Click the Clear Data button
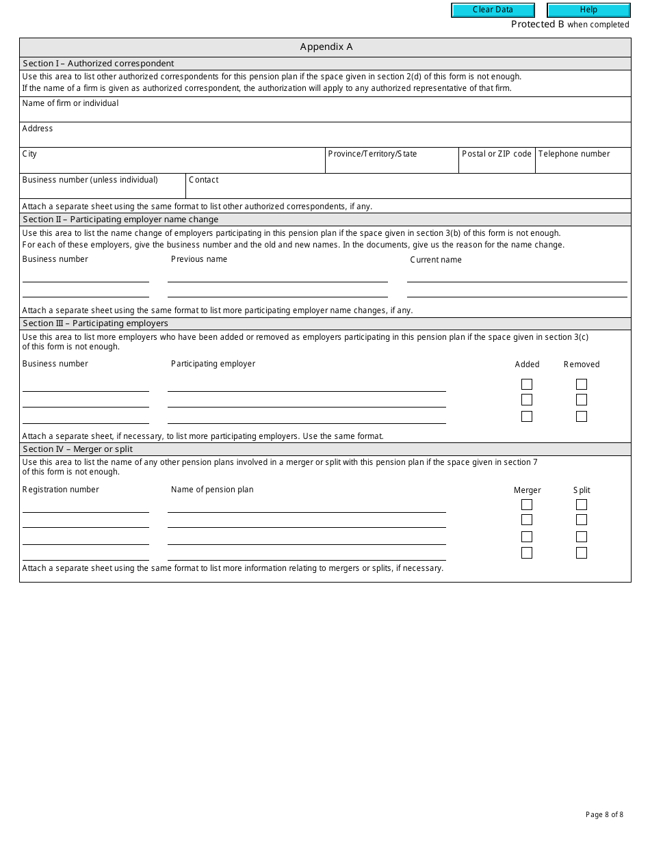493,10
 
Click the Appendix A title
326,47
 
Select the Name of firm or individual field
325,114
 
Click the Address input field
325,139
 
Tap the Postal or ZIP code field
496,165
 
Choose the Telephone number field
582,165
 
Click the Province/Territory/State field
391,165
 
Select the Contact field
408,190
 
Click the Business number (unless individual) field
103,190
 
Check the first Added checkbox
527,384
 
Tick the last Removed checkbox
582,416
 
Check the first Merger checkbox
527,505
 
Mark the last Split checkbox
582,552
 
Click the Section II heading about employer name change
120,219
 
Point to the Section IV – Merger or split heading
77,449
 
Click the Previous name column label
199,259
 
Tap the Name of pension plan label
212,490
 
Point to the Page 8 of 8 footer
604,814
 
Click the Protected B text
538,25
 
